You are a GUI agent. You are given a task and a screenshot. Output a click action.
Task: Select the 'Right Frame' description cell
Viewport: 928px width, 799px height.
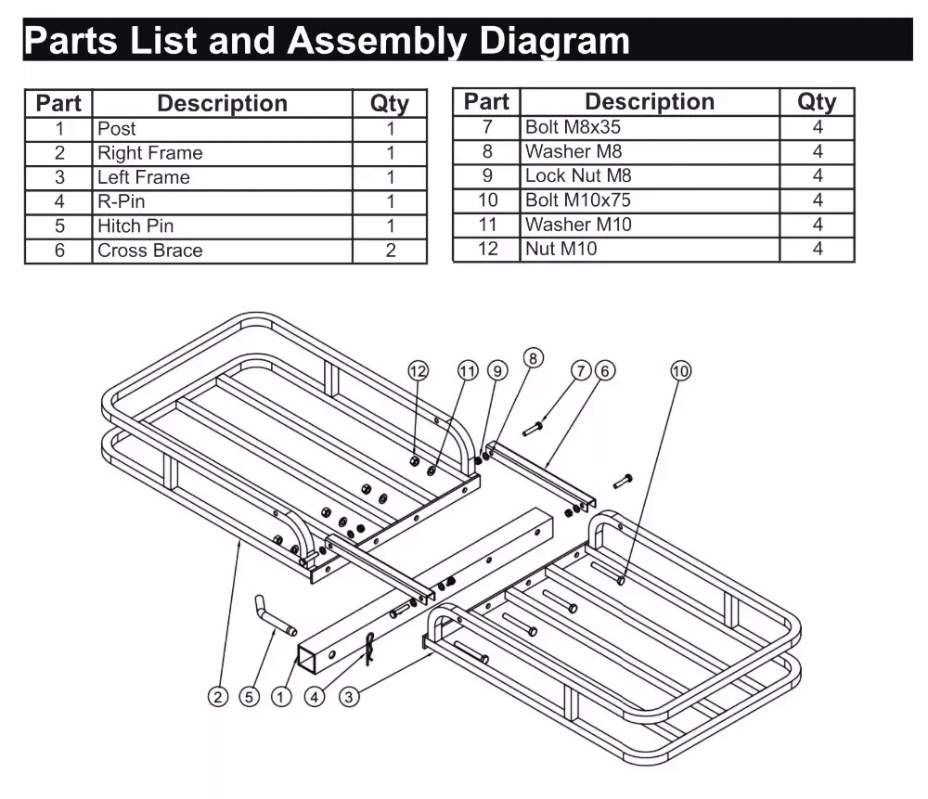(222, 153)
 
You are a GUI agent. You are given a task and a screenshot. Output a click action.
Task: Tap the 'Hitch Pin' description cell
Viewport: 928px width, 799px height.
(222, 226)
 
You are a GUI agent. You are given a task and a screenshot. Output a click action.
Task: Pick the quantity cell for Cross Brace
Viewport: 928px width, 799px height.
(390, 251)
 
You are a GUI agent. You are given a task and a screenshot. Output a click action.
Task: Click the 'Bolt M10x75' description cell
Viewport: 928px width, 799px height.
(649, 200)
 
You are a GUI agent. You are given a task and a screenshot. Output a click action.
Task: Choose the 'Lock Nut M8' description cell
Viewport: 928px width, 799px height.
(649, 175)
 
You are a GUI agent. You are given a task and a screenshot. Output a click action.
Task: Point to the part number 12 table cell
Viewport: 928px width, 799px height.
(486, 249)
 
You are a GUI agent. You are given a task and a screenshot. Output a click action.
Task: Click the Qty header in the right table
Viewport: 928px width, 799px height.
(817, 102)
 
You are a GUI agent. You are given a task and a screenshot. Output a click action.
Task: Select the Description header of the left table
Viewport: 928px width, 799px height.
(222, 104)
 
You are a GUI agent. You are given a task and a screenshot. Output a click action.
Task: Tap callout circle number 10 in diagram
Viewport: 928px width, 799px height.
(680, 371)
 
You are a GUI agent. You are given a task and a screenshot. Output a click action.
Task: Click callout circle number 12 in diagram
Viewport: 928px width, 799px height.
(419, 371)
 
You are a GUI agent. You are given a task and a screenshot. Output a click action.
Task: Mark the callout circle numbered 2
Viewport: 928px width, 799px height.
(217, 696)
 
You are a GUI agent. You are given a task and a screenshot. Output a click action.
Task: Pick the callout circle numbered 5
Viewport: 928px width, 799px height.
(249, 696)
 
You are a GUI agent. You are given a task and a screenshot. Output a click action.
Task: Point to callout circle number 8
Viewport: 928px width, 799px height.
(533, 357)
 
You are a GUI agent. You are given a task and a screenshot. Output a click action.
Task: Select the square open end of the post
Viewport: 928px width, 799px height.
(308, 661)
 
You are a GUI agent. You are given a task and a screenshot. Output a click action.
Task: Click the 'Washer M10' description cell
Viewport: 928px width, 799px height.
(649, 224)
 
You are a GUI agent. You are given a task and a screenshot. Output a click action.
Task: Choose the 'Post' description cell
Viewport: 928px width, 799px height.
(222, 129)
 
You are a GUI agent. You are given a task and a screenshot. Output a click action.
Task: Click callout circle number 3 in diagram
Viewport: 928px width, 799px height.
(348, 696)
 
